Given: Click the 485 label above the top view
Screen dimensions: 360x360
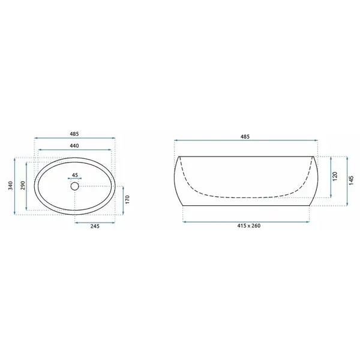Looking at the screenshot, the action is point(74,134).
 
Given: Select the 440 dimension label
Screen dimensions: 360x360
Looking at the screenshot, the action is point(74,146).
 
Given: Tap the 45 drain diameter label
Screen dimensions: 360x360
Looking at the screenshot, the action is point(75,175).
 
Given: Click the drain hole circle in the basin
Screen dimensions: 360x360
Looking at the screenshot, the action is point(75,186).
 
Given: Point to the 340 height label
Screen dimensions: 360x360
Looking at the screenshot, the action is point(11,185).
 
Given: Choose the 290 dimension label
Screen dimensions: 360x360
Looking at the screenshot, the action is point(23,185).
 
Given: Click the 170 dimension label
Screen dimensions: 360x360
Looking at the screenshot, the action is point(128,199).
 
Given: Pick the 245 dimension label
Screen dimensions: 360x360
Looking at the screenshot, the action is point(95,226).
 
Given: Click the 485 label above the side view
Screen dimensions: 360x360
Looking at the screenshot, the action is point(245,137).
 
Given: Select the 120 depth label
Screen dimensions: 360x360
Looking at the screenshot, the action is point(335,176).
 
